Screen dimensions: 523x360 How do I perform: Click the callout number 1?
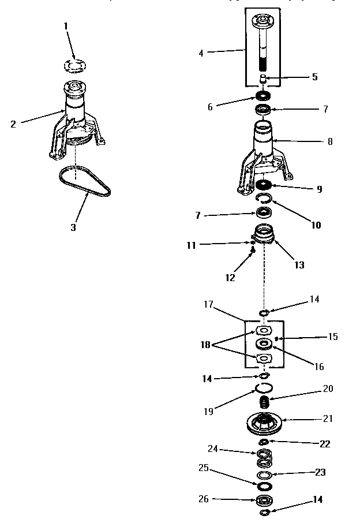66,26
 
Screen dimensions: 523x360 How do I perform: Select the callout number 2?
13,124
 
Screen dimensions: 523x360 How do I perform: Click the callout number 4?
201,53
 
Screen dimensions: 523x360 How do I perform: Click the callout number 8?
329,141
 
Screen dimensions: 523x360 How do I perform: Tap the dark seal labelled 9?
264,185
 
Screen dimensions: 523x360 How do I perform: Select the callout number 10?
317,225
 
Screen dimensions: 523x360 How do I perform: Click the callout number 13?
299,265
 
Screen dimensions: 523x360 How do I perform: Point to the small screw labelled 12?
252,251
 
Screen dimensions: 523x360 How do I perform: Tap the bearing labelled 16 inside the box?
264,345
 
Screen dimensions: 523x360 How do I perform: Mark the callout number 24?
213,449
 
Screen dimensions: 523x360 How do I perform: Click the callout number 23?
320,472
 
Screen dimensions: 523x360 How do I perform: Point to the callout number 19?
209,412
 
